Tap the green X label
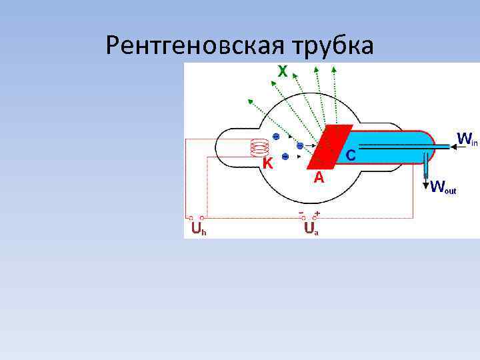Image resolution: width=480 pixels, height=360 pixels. (x=283, y=71)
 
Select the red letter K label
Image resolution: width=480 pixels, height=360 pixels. (x=267, y=163)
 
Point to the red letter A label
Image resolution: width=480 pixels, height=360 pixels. (x=319, y=178)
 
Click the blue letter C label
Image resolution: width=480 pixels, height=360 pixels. (x=351, y=155)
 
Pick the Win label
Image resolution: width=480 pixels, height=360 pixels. (x=467, y=139)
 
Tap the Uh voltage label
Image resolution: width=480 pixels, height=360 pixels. (x=198, y=230)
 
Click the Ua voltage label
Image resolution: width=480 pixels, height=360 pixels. (x=311, y=229)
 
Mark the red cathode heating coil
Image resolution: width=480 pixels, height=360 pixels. (x=257, y=149)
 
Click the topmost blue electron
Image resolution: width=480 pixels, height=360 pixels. (x=276, y=137)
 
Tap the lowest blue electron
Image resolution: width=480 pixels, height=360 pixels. (x=285, y=157)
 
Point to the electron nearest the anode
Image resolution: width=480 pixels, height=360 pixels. (x=300, y=145)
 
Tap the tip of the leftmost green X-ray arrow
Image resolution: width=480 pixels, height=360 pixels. (x=249, y=100)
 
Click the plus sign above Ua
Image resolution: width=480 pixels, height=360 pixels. (x=317, y=213)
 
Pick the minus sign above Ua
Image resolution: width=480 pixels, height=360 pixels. (x=301, y=213)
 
